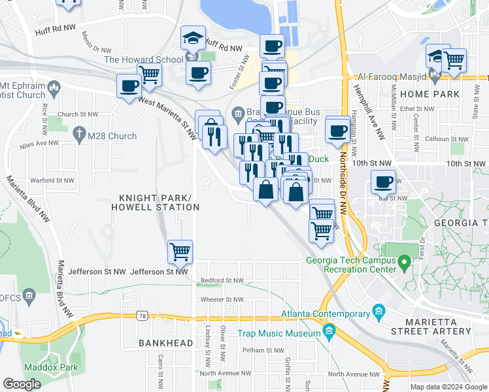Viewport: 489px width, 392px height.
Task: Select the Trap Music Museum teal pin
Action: coord(329,333)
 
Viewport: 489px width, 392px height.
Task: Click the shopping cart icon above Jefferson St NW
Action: coord(180,251)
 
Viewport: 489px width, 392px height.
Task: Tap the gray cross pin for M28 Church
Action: coord(79,133)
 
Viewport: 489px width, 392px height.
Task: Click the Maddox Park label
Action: coord(48,367)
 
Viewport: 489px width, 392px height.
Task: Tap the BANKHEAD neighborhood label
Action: coord(165,343)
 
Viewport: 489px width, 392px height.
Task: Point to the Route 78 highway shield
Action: coord(142,316)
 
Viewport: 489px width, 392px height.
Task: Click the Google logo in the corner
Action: coord(22,384)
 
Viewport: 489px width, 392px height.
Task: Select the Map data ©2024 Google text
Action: coord(447,387)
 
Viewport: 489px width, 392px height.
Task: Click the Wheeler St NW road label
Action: coord(222,300)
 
